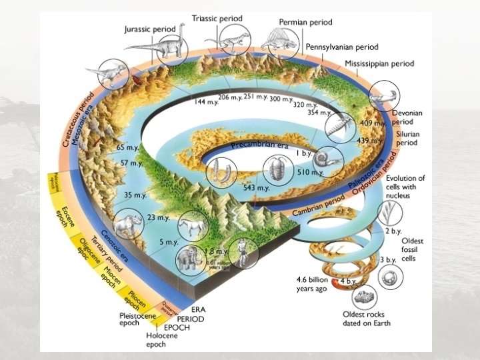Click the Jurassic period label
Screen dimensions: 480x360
(x=154, y=29)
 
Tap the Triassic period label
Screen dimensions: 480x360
(x=217, y=17)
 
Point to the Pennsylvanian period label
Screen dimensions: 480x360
(x=342, y=47)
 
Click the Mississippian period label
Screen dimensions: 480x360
(x=379, y=63)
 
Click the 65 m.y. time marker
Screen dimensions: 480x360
(x=126, y=147)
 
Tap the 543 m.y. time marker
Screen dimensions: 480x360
(x=256, y=188)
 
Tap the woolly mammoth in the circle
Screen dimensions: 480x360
(x=187, y=259)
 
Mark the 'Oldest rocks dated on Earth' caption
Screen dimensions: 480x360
(x=366, y=318)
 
